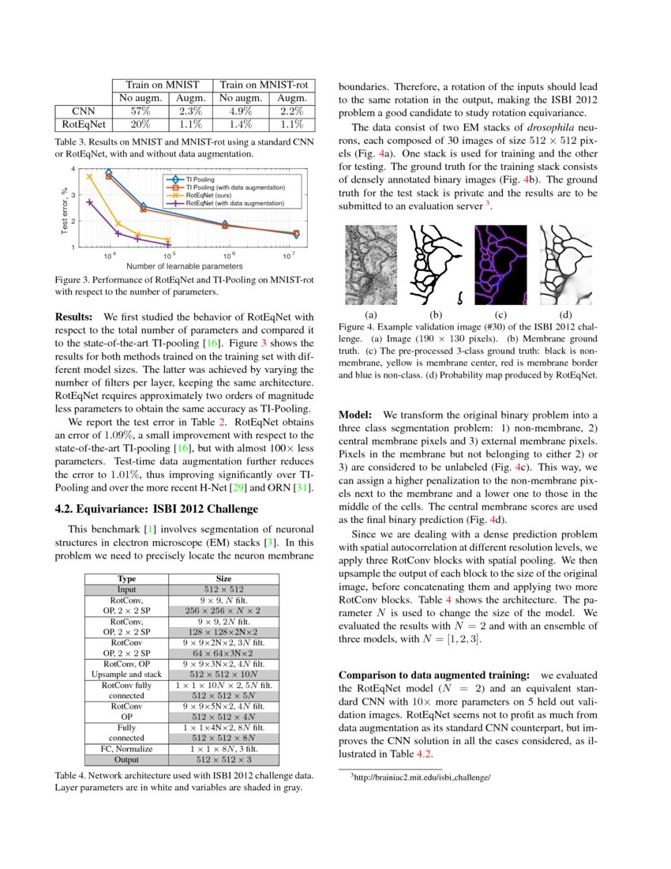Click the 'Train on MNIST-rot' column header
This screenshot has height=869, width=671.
[x=264, y=85]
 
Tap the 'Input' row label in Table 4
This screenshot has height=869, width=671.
[x=126, y=589]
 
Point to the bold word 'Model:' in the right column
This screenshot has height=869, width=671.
[x=357, y=415]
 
